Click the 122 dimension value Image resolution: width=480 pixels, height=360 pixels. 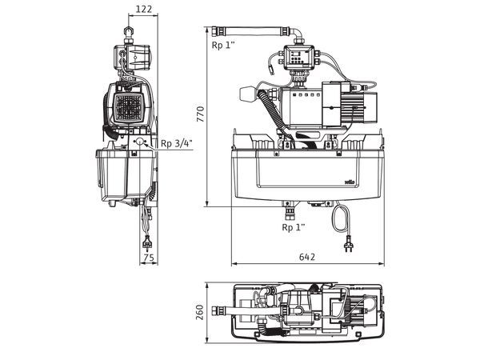pos(144,9)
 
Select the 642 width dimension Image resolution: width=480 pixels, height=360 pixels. pos(306,257)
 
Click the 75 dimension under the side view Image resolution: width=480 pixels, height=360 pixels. pos(148,257)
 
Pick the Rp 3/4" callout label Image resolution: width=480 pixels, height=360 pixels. pos(175,143)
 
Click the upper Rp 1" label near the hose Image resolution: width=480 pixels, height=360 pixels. pos(224,46)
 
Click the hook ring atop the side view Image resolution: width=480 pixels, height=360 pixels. pos(127,32)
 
